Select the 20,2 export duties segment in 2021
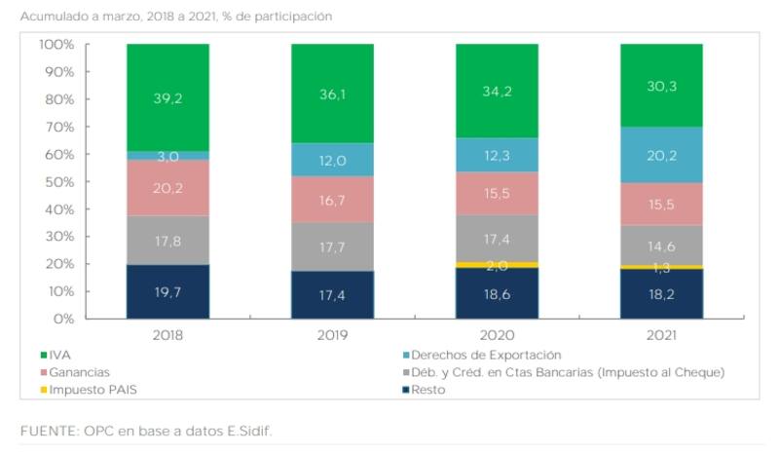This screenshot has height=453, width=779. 661,154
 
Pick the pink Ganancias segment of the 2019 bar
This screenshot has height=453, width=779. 332,199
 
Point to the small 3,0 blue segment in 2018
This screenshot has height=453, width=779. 167,156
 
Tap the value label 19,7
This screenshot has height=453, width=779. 167,292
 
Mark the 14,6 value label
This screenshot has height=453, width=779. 661,246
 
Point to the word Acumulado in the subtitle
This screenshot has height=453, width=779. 55,16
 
